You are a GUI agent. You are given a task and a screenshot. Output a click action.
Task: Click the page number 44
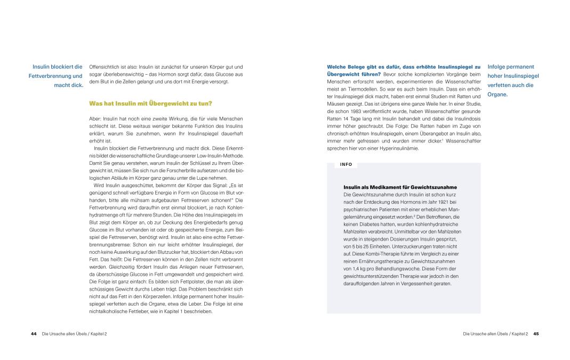click(x=33, y=334)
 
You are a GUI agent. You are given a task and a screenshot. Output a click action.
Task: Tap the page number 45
click(x=536, y=334)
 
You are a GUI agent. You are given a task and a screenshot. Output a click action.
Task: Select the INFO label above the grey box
click(x=347, y=164)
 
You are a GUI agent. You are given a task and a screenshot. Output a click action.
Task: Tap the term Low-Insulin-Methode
click(x=220, y=155)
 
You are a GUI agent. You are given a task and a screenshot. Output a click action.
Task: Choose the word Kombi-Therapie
click(x=383, y=254)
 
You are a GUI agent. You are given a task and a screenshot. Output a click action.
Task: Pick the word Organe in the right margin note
click(x=499, y=94)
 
